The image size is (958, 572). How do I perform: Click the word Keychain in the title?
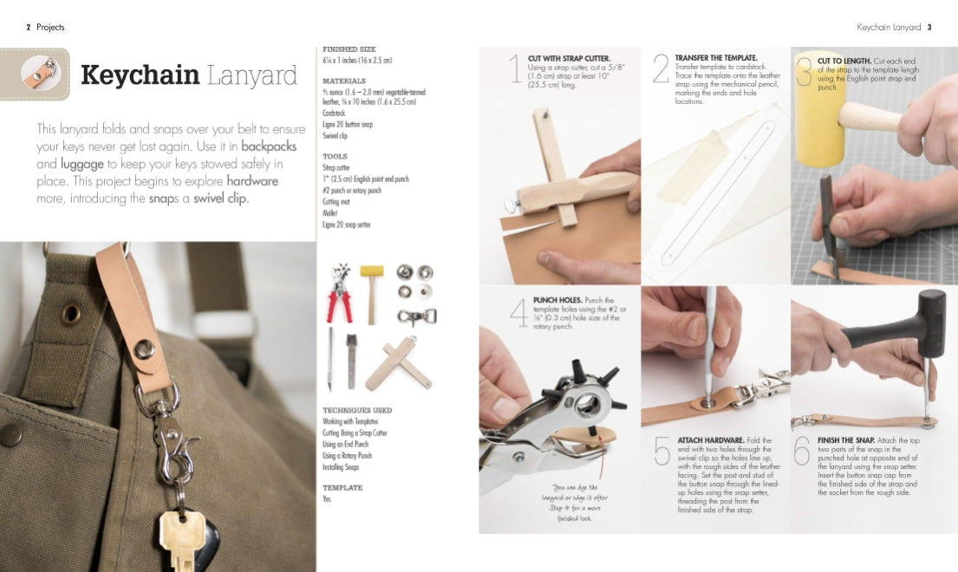[x=139, y=75]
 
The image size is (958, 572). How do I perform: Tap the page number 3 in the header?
[x=929, y=27]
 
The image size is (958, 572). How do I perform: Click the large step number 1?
[x=516, y=70]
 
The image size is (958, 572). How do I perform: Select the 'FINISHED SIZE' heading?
[x=349, y=49]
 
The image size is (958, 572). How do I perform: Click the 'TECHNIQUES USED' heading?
[x=356, y=410]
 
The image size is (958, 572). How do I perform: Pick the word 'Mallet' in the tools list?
[x=331, y=212]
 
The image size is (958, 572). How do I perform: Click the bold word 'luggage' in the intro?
[x=82, y=163]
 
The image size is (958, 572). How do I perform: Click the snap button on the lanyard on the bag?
[x=145, y=348]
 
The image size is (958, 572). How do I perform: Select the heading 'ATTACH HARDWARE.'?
[x=709, y=440]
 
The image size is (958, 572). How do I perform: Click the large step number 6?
[x=802, y=451]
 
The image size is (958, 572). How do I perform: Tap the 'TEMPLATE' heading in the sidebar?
[x=342, y=487]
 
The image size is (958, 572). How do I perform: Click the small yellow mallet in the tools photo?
[x=371, y=290]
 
